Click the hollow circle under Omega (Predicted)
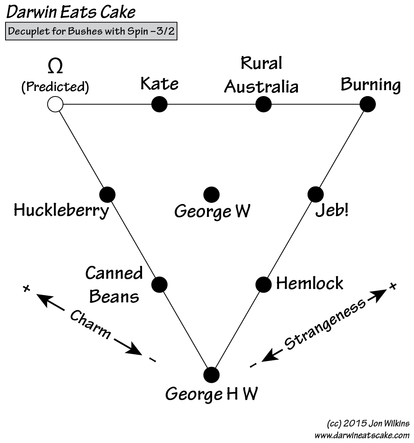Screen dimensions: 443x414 (x=55, y=104)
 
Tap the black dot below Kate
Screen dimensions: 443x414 (x=159, y=104)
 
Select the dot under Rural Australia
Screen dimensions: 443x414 (x=263, y=104)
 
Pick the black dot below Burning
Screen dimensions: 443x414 (x=368, y=104)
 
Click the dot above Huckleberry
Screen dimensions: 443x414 (x=107, y=194)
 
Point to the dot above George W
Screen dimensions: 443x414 (x=211, y=194)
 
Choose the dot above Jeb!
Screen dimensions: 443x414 (x=315, y=194)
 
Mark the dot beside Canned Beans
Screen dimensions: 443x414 (x=159, y=284)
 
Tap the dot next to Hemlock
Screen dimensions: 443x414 (x=263, y=284)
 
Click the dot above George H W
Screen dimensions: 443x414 (x=211, y=374)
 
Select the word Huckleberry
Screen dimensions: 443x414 (x=61, y=211)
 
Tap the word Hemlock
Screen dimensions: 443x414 (x=309, y=284)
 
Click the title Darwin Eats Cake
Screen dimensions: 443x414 (x=71, y=13)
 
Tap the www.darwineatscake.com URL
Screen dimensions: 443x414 (x=362, y=435)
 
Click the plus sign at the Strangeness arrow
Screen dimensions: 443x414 (x=392, y=286)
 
